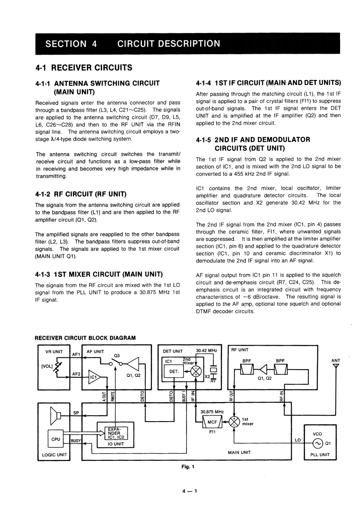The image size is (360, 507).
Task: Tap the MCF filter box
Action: coord(212,422)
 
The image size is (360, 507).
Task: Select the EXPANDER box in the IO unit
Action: coord(116,432)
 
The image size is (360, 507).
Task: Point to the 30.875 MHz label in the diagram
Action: coord(212,412)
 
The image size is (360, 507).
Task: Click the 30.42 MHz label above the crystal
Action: coord(206,350)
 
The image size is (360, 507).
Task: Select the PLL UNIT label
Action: coord(320,455)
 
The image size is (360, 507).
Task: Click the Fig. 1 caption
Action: coord(185,467)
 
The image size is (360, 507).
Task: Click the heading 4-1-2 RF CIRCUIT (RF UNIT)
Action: coord(80,194)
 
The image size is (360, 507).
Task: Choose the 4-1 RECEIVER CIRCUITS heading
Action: coord(84,68)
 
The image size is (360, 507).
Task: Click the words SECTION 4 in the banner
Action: coord(71,44)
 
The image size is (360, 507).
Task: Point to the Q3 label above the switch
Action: coord(117,355)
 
